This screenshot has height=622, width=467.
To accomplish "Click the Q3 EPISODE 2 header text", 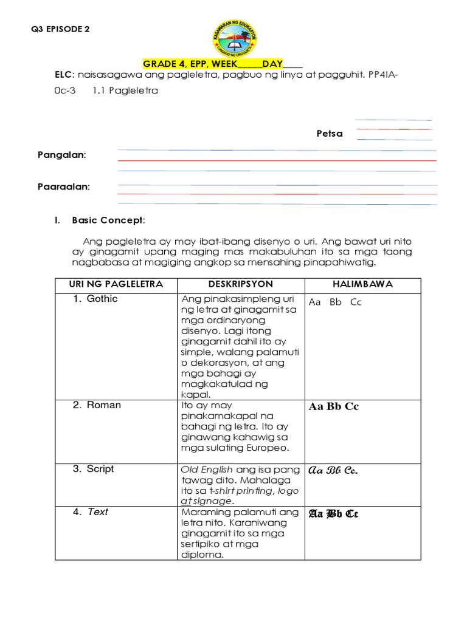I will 63,29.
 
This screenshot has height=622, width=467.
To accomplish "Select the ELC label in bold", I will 64,75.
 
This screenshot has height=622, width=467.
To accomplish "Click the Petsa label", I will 330,133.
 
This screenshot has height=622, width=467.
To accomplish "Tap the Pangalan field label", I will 62,155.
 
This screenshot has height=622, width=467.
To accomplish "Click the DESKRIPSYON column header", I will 240,284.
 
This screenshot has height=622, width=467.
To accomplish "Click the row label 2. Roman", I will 97,405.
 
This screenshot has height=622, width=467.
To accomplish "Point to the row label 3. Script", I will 94,469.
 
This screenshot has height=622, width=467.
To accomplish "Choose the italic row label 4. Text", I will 91,511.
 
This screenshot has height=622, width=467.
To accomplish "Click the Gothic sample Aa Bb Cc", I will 335,302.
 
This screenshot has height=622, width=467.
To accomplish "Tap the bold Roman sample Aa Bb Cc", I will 334,406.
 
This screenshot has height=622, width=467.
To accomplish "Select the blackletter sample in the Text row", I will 334,514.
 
